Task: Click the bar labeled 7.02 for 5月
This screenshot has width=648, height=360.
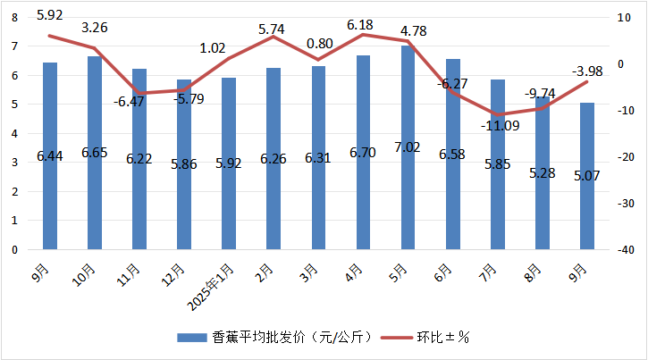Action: coord(408,147)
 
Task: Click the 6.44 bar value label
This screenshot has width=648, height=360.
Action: coord(49,156)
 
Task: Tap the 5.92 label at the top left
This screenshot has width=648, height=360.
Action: coord(49,14)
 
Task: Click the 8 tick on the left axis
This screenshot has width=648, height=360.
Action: coord(14,17)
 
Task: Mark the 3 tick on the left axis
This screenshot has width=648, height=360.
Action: coord(14,163)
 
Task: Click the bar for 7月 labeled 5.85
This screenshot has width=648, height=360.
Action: coord(498,164)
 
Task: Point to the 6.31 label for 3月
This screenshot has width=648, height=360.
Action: coord(318,157)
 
